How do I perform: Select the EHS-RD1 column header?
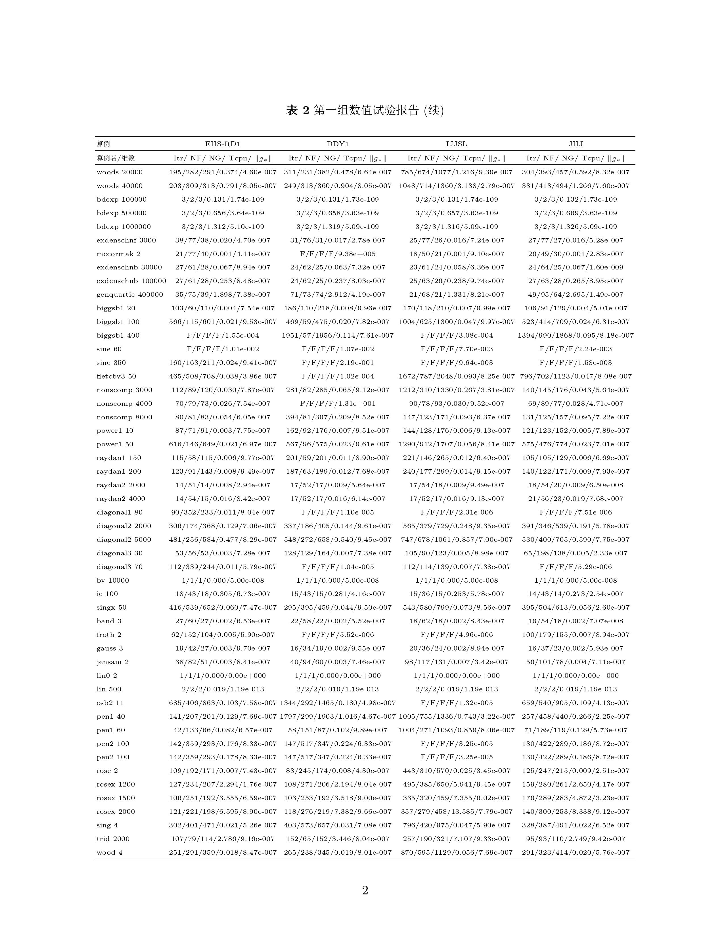(223, 144)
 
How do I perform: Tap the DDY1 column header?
(338, 144)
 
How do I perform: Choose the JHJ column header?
(576, 144)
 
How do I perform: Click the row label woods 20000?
(119, 172)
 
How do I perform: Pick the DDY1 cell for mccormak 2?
(338, 254)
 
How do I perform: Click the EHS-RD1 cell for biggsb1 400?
(223, 336)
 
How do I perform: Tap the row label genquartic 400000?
(129, 295)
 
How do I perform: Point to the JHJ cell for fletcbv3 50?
(576, 376)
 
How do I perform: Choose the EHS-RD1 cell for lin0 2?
(223, 676)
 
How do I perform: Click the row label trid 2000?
(113, 839)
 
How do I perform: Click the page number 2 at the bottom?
(365, 891)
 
